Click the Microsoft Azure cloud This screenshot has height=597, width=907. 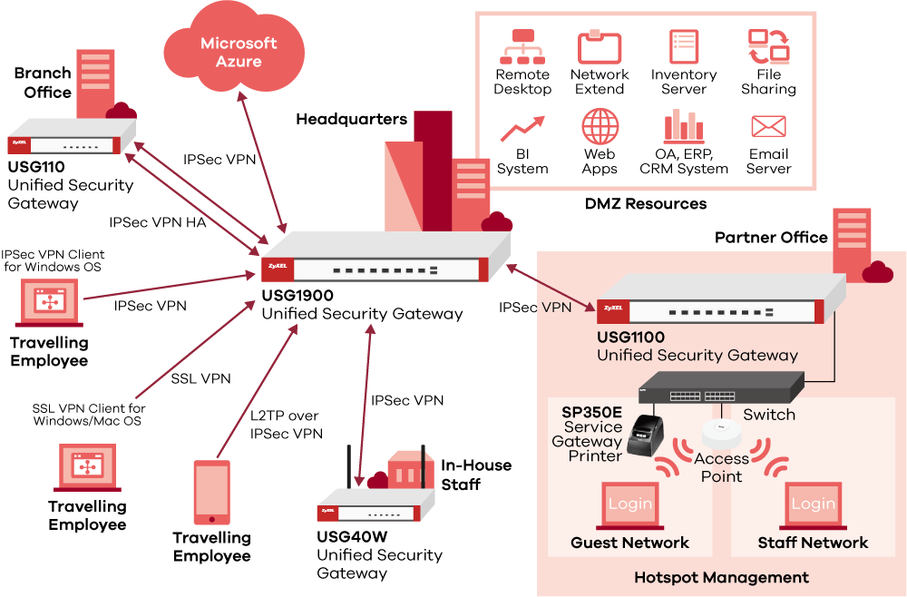[x=239, y=53]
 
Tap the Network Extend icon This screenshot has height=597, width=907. [x=600, y=46]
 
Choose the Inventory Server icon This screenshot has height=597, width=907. [x=684, y=46]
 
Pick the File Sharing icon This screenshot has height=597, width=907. [x=768, y=46]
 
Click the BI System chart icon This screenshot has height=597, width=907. [x=522, y=128]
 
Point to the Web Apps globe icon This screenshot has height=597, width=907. [x=600, y=126]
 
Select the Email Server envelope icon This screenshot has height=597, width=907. [x=768, y=126]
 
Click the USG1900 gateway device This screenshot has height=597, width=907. [x=372, y=264]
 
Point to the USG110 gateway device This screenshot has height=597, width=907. [x=71, y=142]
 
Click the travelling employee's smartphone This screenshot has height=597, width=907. [x=212, y=494]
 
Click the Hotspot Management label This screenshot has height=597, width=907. [x=721, y=577]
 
